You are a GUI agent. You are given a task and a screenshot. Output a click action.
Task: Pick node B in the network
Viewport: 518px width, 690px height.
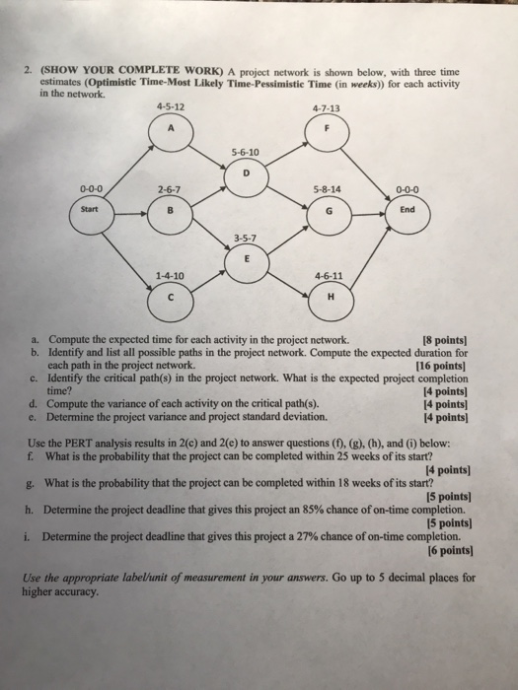[174, 210]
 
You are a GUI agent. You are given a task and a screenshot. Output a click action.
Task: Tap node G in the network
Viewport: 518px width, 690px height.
[325, 210]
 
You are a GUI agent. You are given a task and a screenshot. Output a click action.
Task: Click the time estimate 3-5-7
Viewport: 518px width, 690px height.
[248, 235]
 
